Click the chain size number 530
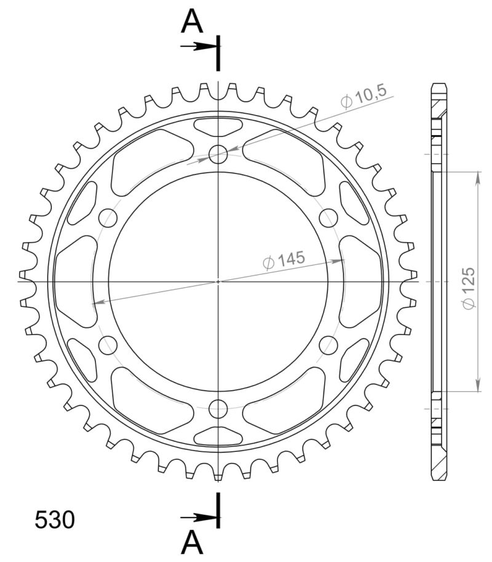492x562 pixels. coord(55,520)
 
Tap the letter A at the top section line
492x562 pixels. coord(192,23)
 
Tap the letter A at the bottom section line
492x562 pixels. coord(192,542)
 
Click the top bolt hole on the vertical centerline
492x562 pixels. coord(218,154)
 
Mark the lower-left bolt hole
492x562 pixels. coord(108,344)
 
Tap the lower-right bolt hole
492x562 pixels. coord(328,344)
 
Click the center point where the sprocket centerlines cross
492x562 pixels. coord(218,281)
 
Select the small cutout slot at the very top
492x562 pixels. coord(218,127)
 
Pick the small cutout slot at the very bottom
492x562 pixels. coord(218,435)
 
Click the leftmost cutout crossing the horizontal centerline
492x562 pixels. coord(75,281)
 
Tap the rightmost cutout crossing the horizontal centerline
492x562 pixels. coord(361,281)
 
